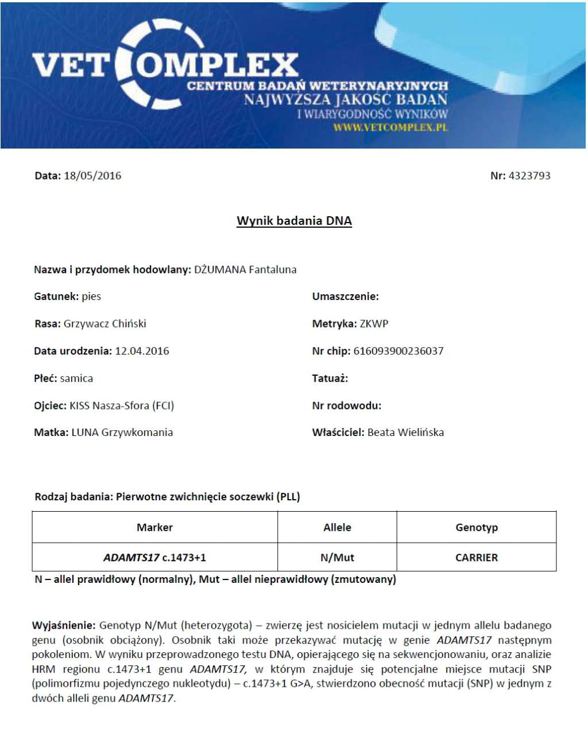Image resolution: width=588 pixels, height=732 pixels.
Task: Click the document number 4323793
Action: (x=529, y=176)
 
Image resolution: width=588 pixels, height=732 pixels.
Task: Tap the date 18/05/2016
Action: (x=92, y=176)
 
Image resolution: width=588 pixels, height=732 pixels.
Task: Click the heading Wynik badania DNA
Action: (x=294, y=221)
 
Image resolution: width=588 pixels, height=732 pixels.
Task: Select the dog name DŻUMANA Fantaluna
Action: (x=245, y=270)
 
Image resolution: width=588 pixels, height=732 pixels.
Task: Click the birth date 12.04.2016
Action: (x=142, y=351)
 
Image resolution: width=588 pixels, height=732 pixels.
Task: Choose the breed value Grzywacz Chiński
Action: (x=105, y=324)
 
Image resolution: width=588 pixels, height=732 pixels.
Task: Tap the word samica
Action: (x=76, y=379)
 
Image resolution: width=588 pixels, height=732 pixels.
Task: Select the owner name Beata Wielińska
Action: (x=405, y=433)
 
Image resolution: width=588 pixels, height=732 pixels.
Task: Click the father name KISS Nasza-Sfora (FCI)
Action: (x=122, y=406)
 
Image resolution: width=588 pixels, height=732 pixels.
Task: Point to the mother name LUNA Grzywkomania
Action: (x=122, y=433)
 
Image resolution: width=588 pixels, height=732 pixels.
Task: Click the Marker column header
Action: (x=154, y=527)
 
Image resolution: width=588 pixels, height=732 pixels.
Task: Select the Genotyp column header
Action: (x=476, y=527)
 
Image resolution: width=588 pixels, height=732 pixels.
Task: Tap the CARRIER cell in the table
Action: (x=476, y=558)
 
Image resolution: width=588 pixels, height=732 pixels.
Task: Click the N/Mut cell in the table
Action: (x=337, y=558)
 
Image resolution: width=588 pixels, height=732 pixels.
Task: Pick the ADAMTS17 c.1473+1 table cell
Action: (x=154, y=558)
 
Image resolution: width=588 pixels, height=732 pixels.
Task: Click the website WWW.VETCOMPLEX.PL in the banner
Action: (x=390, y=127)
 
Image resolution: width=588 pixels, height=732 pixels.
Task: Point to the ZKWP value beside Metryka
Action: (x=374, y=324)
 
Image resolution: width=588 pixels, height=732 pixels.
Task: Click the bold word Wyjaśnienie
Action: (x=63, y=625)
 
